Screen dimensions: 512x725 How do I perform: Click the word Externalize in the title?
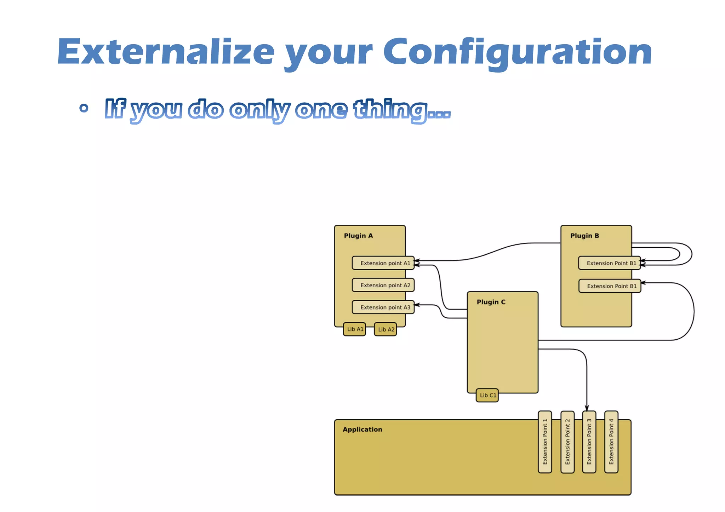pos(166,52)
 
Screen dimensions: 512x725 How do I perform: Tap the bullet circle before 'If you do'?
pos(84,108)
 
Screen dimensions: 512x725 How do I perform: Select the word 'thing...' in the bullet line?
pos(402,110)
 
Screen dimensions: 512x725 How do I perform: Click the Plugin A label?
pos(358,236)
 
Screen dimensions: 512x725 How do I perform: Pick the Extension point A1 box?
pos(383,263)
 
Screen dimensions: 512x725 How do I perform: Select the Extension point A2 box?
pos(383,285)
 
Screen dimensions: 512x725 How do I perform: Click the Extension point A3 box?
pos(383,307)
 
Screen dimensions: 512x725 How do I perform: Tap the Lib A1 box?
pos(354,329)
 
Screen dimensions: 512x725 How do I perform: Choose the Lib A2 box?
pos(386,330)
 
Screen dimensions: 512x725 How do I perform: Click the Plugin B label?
pos(584,236)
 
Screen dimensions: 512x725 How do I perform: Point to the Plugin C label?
pos(491,302)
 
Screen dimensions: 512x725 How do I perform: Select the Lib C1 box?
pos(487,396)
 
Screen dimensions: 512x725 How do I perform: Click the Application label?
pos(362,430)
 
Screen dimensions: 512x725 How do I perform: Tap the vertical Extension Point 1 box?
pos(545,442)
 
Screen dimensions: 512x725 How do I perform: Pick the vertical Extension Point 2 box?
pos(567,442)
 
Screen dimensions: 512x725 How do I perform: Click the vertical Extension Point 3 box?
pos(589,442)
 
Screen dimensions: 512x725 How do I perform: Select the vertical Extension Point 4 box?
pos(611,442)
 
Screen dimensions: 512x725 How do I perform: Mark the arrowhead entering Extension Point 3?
pos(587,408)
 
